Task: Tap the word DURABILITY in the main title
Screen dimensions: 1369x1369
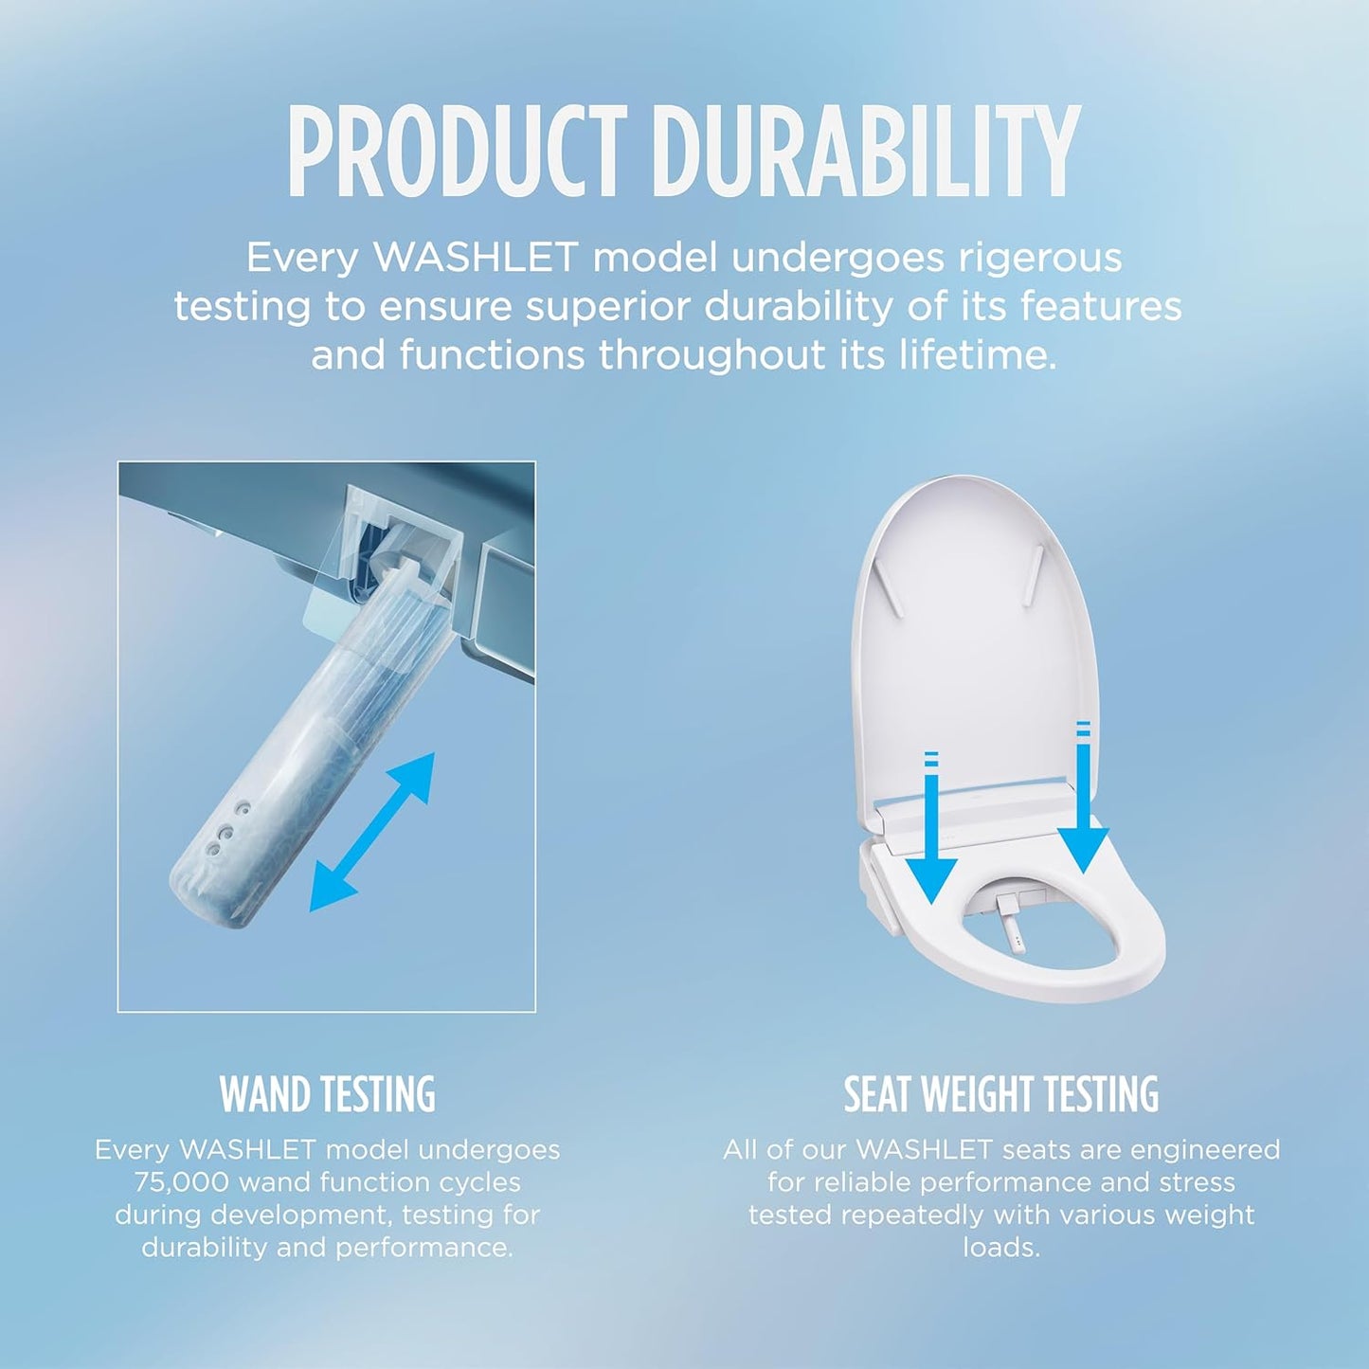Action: (866, 153)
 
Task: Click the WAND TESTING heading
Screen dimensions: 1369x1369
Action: (328, 1094)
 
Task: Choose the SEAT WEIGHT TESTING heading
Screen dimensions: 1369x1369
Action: (1001, 1094)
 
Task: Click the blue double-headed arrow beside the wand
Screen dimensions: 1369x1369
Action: (372, 832)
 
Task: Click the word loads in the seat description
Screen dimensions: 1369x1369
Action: (1001, 1247)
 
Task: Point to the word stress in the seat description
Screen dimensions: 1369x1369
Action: (1193, 1182)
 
